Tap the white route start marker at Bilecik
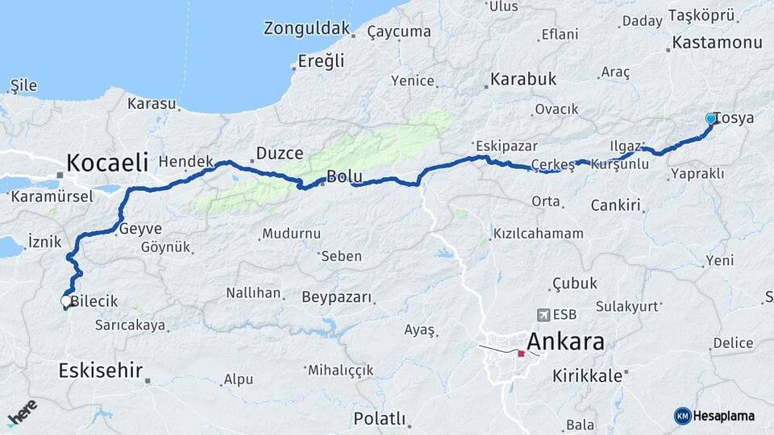[x=66, y=301]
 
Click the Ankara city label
[x=565, y=341]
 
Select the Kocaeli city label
[x=107, y=163]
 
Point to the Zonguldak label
[x=306, y=29]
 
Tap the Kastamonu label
[x=717, y=43]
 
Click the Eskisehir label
[x=101, y=371]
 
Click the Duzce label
[x=279, y=153]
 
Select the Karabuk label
[x=523, y=80]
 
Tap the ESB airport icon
[x=543, y=314]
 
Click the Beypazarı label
[x=337, y=297]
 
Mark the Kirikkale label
[x=588, y=375]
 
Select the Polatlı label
[x=379, y=419]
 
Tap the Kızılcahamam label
[x=538, y=234]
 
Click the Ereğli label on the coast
[x=321, y=60]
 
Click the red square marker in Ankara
[x=521, y=353]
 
